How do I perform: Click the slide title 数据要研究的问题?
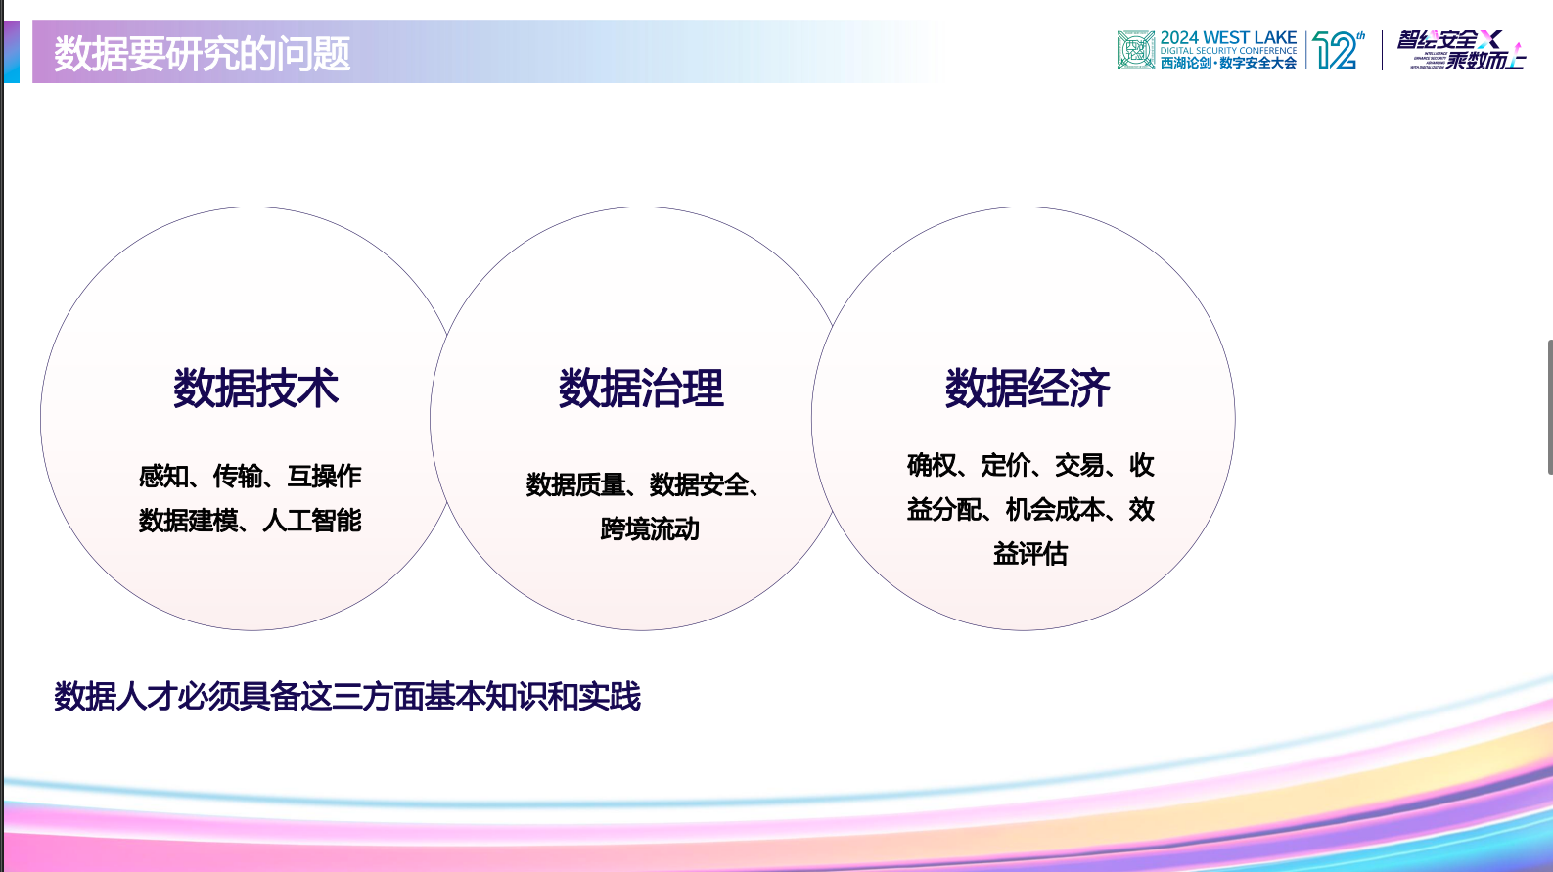point(202,53)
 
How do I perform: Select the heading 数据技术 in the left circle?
point(255,389)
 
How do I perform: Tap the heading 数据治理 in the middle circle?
point(641,389)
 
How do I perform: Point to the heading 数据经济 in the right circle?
point(1028,389)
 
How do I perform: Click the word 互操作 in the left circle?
point(324,477)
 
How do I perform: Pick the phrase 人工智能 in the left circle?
point(312,521)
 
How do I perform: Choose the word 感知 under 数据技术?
point(163,477)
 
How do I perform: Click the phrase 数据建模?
point(188,521)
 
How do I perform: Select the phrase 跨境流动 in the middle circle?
point(650,529)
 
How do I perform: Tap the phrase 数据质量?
point(575,484)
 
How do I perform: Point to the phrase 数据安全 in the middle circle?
point(699,484)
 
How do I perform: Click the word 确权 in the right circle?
point(932,465)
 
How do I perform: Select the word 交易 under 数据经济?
point(1079,465)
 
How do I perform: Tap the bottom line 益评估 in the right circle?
point(1029,554)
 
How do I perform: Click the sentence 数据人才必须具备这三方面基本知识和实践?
point(347,697)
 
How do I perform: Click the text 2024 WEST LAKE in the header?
point(1228,38)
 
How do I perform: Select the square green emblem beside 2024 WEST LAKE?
point(1136,50)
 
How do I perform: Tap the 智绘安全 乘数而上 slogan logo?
point(1460,50)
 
